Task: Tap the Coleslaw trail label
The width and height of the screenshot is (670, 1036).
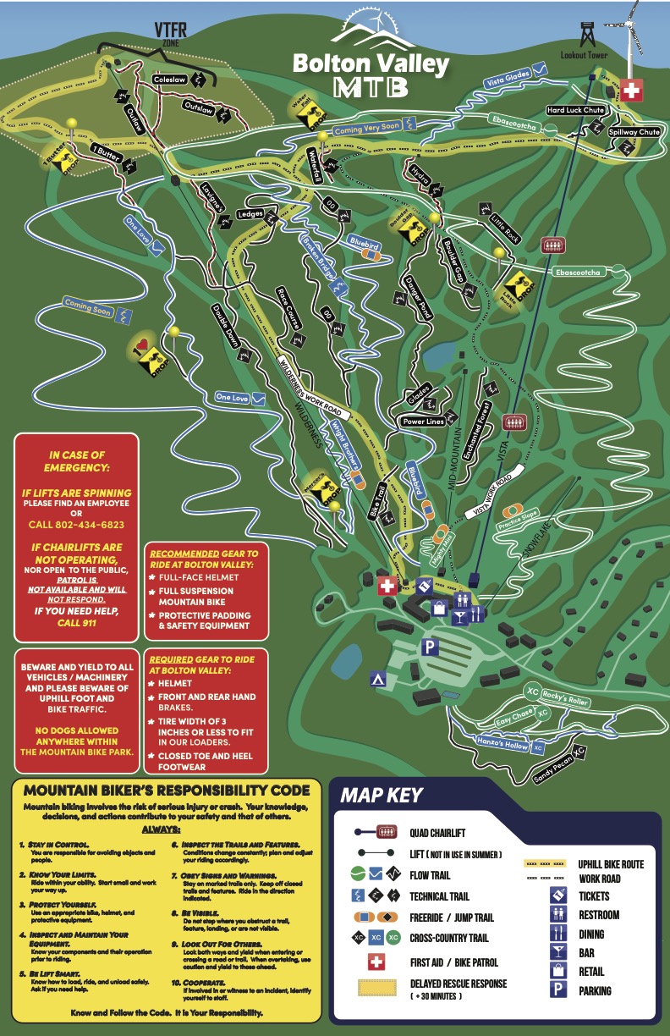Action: (x=169, y=80)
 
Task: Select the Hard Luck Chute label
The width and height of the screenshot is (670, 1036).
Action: (x=574, y=110)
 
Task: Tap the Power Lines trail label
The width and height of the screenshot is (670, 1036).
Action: (x=425, y=420)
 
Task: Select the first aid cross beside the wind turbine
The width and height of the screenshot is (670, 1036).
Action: (x=630, y=91)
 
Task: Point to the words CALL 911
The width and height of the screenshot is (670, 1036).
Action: (x=76, y=623)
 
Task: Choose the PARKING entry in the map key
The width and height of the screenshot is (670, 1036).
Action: (x=596, y=990)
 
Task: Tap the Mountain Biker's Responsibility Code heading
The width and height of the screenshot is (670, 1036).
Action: (x=166, y=791)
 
